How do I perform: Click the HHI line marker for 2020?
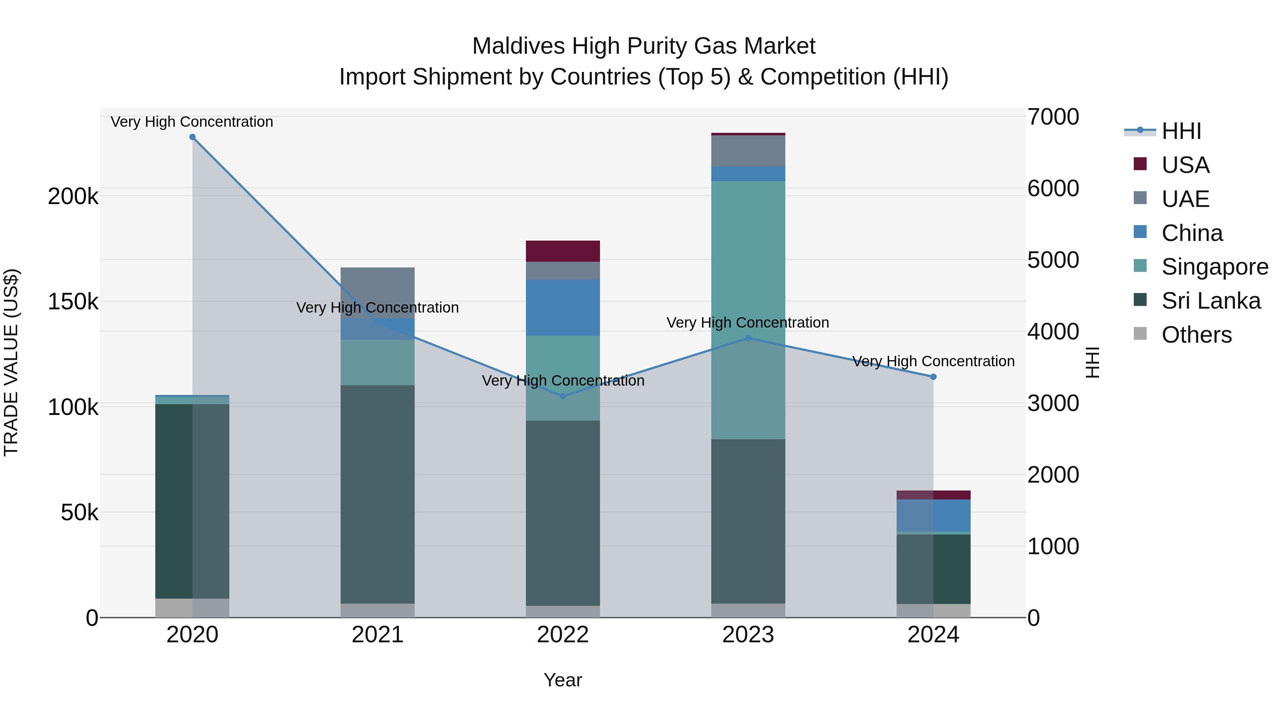[192, 137]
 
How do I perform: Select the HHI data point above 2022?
[563, 396]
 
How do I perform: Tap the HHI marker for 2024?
[933, 377]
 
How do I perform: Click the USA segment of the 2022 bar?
[563, 251]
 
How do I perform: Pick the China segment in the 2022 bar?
[563, 307]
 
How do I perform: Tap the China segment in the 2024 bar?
[933, 515]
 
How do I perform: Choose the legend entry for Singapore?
[1215, 267]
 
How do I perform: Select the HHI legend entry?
[1181, 131]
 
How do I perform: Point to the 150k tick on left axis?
[73, 302]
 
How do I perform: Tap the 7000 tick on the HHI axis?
[1053, 117]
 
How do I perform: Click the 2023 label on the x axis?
[748, 635]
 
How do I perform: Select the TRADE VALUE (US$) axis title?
[11, 362]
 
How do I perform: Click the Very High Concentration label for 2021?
[377, 308]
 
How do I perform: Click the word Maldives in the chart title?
[518, 46]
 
